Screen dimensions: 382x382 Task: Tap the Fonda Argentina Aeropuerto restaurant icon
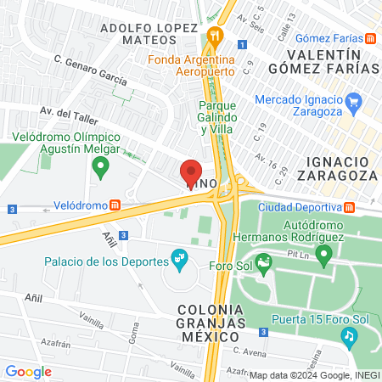[x=216, y=37]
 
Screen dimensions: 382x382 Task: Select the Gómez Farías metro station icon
[x=371, y=39]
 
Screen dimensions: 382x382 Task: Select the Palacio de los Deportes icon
[x=179, y=256]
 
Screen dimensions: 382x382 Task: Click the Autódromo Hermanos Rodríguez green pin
[x=322, y=255]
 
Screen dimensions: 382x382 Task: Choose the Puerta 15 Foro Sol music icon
[x=348, y=336]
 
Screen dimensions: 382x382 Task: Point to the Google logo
[x=28, y=371]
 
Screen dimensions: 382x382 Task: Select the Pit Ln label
[x=298, y=253]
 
